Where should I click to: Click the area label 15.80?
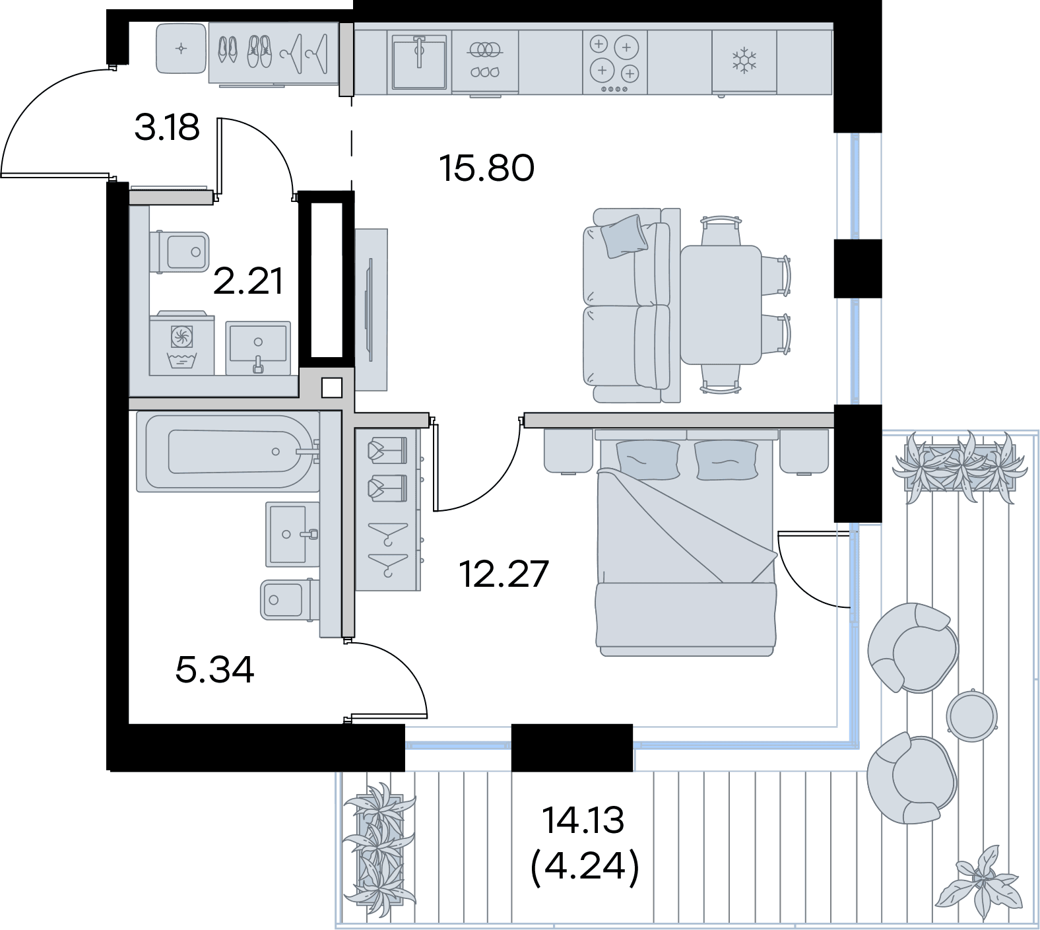[x=487, y=168]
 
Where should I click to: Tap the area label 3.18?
[x=167, y=127]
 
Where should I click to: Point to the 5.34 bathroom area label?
[x=215, y=670]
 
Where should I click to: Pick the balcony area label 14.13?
[x=583, y=820]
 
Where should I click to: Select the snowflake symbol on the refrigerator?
[x=744, y=59]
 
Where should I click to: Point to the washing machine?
[x=182, y=344]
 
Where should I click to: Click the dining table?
[x=721, y=304]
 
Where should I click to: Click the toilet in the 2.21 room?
[x=179, y=252]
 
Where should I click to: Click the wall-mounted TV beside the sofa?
[x=370, y=310]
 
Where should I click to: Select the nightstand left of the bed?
[x=568, y=451]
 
